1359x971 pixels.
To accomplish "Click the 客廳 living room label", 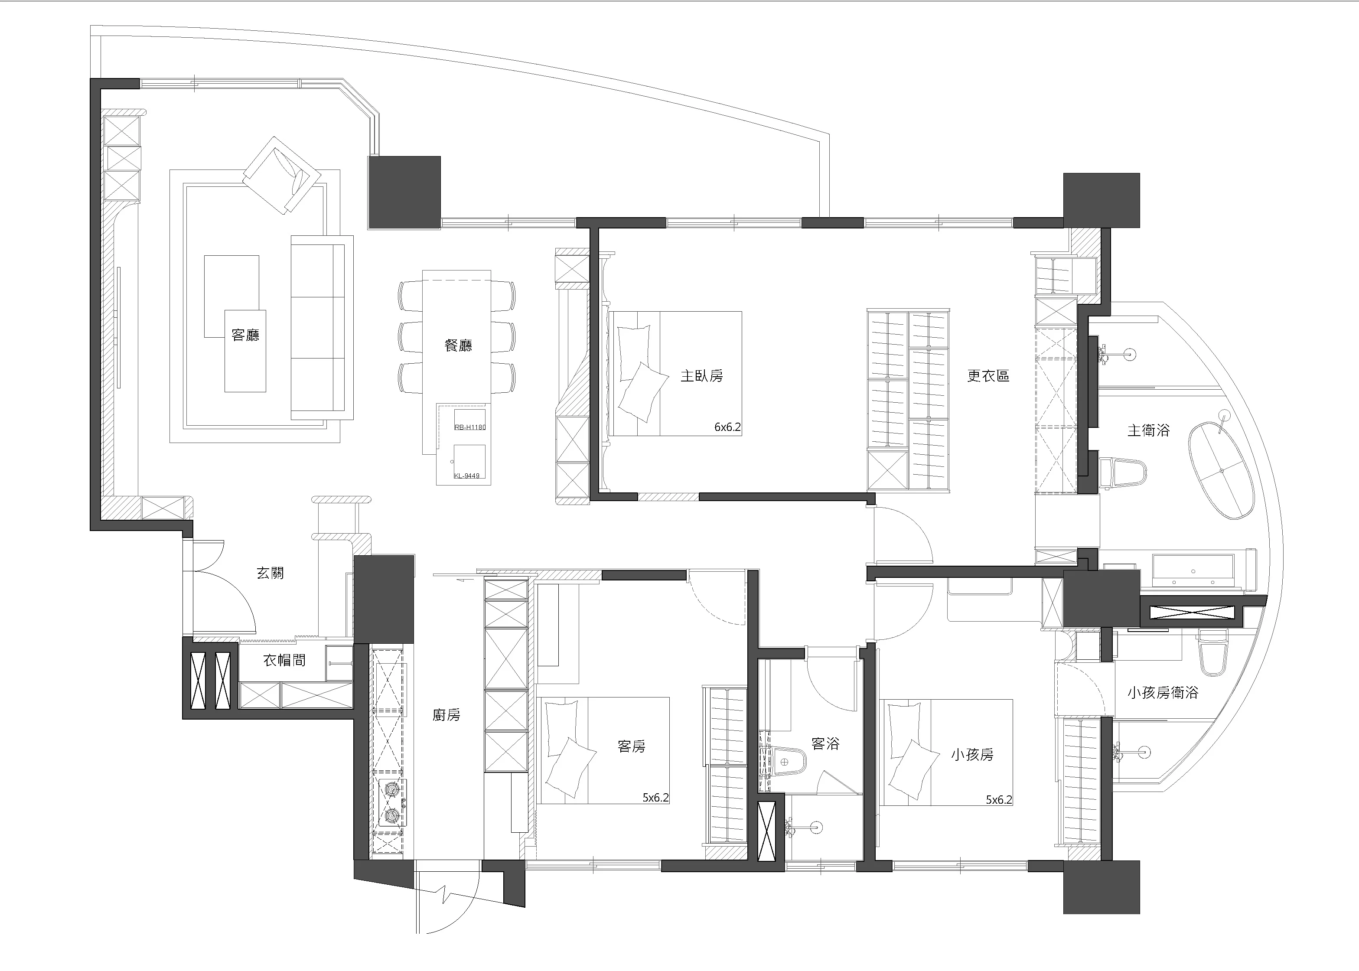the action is pyautogui.click(x=246, y=334).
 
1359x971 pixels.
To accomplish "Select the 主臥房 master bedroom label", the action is pyautogui.click(x=702, y=375).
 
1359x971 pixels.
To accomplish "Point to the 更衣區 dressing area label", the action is pyautogui.click(x=988, y=375).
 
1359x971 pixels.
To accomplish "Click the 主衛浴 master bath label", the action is pyautogui.click(x=1149, y=430).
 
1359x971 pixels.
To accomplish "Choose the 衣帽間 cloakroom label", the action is pyautogui.click(x=285, y=660).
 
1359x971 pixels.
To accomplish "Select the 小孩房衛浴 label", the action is pyautogui.click(x=1163, y=692).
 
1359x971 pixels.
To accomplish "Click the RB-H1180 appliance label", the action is pyautogui.click(x=470, y=427).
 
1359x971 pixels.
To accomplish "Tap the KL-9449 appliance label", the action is pyautogui.click(x=466, y=476).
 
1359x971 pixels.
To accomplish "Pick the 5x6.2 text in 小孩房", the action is pyautogui.click(x=998, y=799).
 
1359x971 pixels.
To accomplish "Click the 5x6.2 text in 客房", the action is pyautogui.click(x=655, y=797).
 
